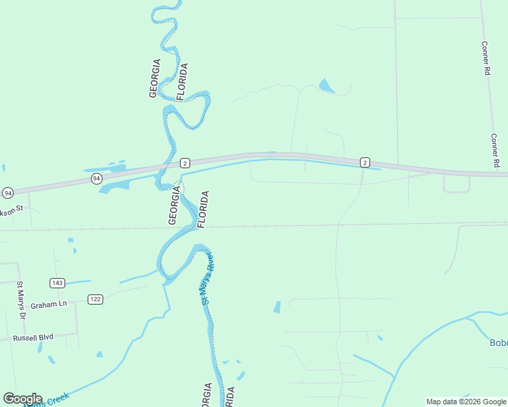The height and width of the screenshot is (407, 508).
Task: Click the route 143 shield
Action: click(57, 282)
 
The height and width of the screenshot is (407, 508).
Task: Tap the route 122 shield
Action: click(95, 299)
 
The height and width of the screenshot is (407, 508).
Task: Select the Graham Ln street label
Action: click(54, 305)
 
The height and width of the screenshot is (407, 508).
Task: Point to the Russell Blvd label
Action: click(33, 337)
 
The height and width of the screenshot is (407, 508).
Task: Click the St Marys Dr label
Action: click(20, 301)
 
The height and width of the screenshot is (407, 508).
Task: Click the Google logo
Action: click(22, 399)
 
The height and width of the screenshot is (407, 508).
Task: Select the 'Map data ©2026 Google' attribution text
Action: click(466, 402)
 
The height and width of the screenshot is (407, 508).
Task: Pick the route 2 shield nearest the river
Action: click(185, 163)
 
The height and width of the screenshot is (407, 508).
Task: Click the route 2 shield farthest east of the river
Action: click(365, 162)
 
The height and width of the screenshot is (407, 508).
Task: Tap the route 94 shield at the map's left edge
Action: click(7, 193)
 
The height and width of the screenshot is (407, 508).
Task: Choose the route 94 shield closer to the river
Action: click(96, 178)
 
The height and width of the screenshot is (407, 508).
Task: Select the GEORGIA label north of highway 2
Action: click(155, 79)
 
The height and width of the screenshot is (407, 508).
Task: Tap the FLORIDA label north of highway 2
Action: click(183, 81)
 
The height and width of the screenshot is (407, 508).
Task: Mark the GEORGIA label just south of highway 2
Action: click(174, 207)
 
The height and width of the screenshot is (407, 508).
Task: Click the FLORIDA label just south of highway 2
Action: click(202, 209)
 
